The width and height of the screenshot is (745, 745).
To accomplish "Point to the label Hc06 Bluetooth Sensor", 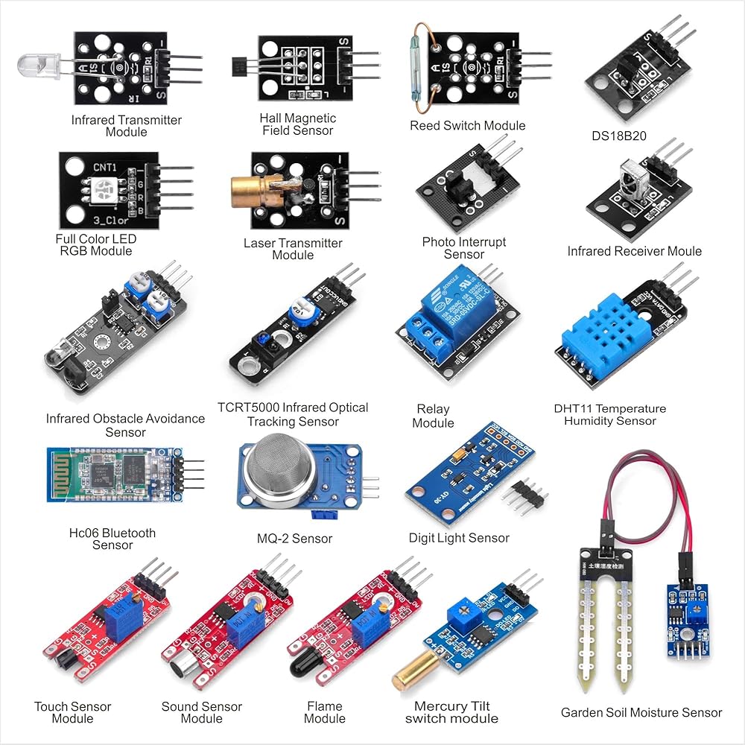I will click(x=112, y=539).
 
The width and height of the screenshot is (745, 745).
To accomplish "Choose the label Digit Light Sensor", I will click(x=459, y=538).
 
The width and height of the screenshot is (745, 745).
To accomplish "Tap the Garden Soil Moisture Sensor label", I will click(x=641, y=713).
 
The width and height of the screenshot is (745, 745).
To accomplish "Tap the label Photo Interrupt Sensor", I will click(x=463, y=248).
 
